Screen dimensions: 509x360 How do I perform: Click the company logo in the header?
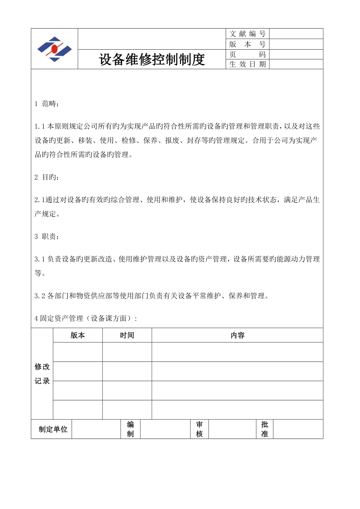coord(54,49)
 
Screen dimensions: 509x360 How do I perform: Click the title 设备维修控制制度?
coord(152,60)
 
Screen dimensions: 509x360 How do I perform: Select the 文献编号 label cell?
coord(247,34)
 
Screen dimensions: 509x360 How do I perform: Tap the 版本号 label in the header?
coord(247,44)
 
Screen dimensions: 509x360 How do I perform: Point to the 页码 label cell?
coord(247,54)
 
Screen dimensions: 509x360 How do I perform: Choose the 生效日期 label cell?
coord(247,65)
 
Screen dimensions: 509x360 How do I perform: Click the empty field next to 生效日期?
coord(296,65)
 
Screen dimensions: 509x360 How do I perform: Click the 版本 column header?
coord(78,335)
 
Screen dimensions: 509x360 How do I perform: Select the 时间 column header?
coord(127,335)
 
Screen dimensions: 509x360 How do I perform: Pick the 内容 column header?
coord(238,335)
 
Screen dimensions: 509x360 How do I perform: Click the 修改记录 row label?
coord(42,374)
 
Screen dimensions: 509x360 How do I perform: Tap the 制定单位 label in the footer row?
coord(53,429)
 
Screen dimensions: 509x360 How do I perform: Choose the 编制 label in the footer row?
coord(130,429)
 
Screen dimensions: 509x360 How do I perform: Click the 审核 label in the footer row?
coord(200,429)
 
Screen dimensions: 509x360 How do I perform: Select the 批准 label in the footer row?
coord(265,429)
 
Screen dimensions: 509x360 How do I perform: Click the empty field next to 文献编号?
coord(296,34)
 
